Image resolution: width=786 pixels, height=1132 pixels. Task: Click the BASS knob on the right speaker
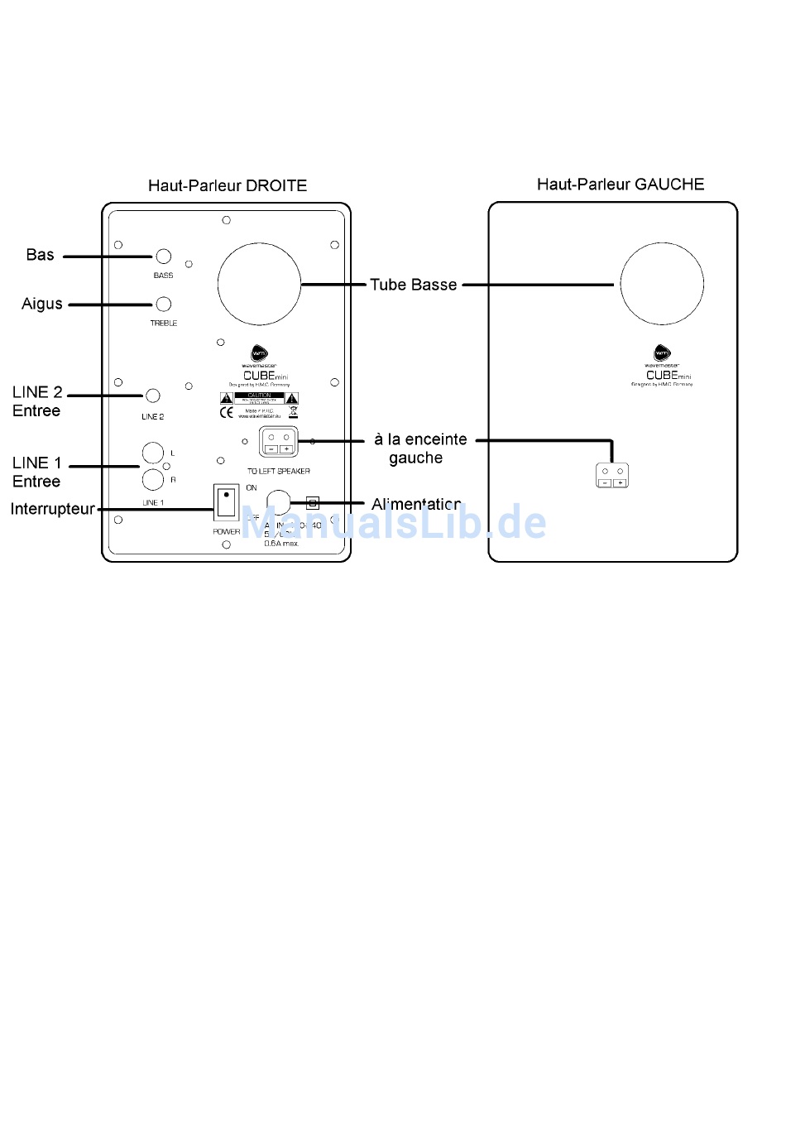click(164, 257)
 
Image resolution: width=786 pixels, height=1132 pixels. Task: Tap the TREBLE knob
click(164, 305)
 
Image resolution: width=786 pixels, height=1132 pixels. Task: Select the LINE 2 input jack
click(153, 396)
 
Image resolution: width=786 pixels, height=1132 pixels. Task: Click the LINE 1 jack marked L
click(153, 453)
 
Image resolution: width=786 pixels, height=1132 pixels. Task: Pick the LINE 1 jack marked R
click(153, 479)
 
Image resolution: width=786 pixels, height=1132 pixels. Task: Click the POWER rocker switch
click(226, 503)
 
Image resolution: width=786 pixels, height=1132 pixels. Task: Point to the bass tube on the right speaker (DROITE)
click(259, 284)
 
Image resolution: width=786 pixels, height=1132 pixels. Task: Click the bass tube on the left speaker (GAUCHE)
click(662, 284)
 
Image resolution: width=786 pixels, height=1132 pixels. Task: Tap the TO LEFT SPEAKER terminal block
click(279, 442)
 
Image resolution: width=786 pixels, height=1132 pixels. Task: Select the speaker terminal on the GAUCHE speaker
click(612, 476)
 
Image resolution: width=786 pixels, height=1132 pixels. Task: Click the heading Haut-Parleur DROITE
click(228, 185)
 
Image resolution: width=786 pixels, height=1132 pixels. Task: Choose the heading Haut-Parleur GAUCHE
click(621, 184)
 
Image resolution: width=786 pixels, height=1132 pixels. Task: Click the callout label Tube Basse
click(413, 285)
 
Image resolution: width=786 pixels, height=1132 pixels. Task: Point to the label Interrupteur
click(52, 509)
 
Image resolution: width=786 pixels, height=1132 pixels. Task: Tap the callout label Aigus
click(42, 304)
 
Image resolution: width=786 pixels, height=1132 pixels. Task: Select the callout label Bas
click(41, 255)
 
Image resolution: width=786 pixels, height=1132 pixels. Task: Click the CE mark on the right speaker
click(226, 412)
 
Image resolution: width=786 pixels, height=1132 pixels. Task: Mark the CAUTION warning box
click(259, 398)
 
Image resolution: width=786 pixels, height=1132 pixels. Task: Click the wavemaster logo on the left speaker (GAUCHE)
click(663, 353)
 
